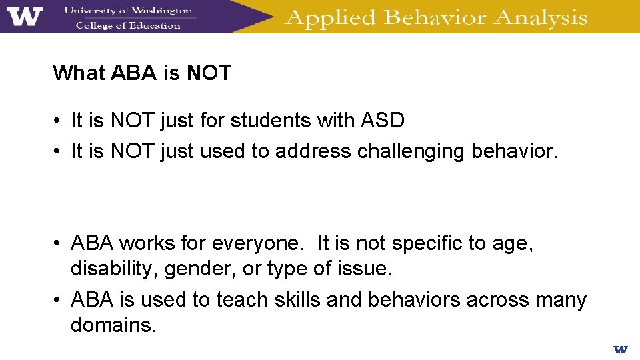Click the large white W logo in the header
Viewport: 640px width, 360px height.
[x=25, y=16]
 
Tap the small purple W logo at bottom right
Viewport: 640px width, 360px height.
[x=620, y=349]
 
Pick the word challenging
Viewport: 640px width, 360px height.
[x=411, y=151]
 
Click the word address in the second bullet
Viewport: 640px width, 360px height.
[x=313, y=151]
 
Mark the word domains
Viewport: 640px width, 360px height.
[x=113, y=325]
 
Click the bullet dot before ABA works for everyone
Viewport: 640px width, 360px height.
[x=59, y=244]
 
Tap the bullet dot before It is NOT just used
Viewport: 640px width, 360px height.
[x=59, y=152]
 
